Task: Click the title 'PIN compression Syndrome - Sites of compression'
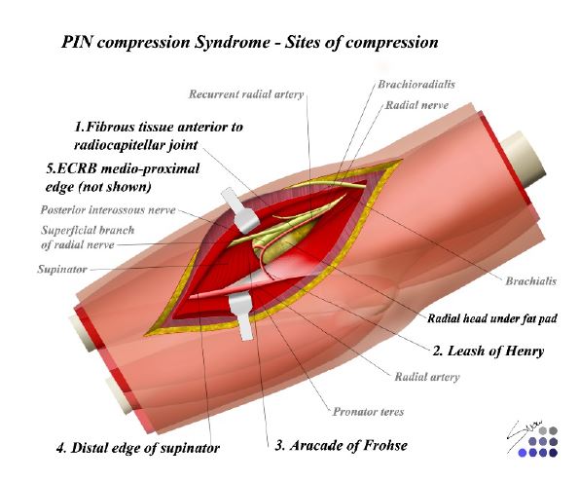coord(250,42)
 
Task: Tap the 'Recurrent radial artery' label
coord(246,94)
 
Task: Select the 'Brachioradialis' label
coord(416,85)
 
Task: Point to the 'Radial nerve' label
coord(416,105)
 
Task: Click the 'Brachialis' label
coord(530,281)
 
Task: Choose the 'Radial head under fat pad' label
coord(491,318)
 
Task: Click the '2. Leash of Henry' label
coord(489,351)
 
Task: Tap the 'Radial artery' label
coord(427,377)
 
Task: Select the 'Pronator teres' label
coord(368,412)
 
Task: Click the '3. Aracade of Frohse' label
coord(342,445)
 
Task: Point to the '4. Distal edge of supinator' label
coord(138,448)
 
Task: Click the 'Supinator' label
coord(62,269)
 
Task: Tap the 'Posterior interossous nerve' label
coord(108,210)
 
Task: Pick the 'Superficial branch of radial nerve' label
coord(88,238)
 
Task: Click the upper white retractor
coord(240,211)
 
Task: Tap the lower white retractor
coord(241,314)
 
